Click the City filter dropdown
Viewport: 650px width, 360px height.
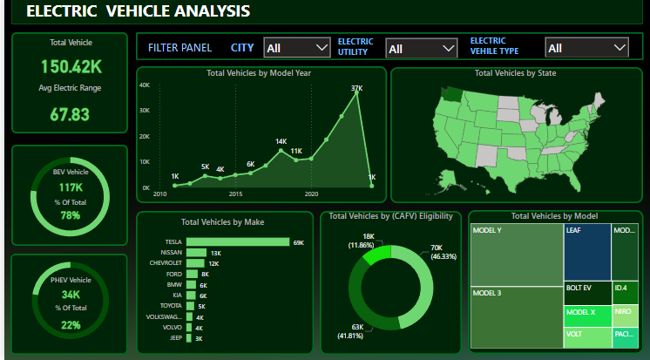pos(296,48)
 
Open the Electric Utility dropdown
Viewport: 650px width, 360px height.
pos(422,49)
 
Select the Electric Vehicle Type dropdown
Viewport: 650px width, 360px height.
pos(586,48)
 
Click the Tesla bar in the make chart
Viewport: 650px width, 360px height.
pos(238,242)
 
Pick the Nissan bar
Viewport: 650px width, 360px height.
pos(196,253)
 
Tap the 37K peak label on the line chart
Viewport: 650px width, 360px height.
pos(356,88)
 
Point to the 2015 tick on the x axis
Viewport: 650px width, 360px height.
pos(235,194)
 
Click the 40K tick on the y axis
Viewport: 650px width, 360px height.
pos(145,85)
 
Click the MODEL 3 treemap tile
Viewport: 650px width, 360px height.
pos(515,317)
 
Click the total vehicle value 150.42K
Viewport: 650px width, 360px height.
pos(71,67)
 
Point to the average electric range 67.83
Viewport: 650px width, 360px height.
pos(71,114)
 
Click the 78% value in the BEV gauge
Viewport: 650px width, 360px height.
pos(71,215)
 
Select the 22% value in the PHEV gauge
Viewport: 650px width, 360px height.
pos(71,325)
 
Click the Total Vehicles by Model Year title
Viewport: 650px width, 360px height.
pos(259,73)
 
